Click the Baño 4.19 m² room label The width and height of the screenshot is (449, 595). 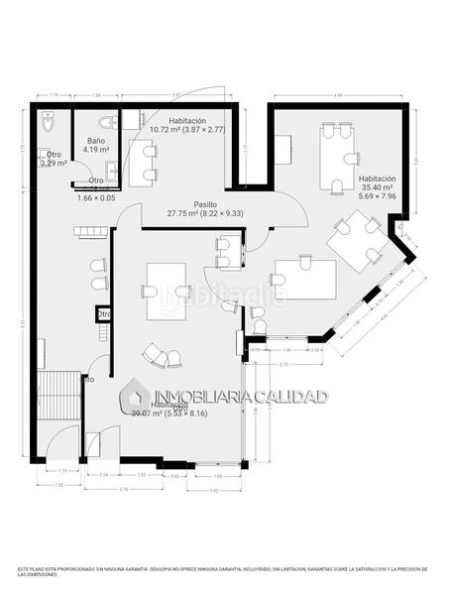(x=96, y=147)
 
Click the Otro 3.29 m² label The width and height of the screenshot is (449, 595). (x=54, y=159)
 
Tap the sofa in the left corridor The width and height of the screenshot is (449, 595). (x=87, y=232)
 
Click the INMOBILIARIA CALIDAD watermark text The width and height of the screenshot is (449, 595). (x=239, y=397)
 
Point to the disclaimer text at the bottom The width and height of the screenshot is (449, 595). (x=224, y=572)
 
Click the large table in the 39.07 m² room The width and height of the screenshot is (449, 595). (x=168, y=291)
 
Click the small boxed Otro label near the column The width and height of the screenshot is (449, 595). (x=104, y=314)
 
